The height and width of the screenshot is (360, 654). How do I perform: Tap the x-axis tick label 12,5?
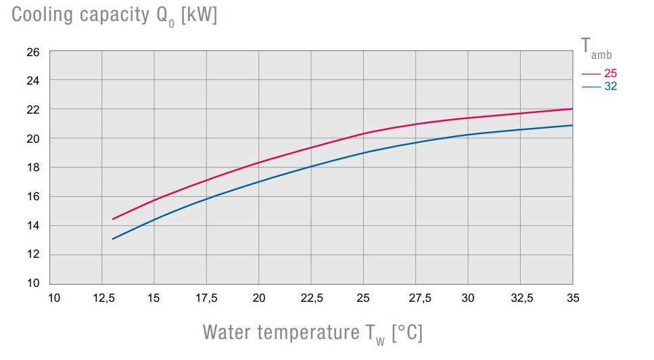point(101,298)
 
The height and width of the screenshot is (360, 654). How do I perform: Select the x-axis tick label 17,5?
point(206,298)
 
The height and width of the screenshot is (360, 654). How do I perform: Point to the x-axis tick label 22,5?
point(311,298)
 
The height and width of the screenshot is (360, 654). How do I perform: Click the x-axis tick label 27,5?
point(416,298)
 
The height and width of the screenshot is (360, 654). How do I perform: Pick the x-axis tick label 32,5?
point(521,298)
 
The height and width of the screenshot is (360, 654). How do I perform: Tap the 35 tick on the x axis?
point(573,298)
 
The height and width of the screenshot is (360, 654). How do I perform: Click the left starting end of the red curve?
point(112,219)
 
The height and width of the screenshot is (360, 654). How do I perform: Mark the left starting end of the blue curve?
point(112,239)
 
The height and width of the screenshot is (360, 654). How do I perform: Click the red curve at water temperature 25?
point(364,133)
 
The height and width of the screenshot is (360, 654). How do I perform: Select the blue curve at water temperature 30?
point(469,135)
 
